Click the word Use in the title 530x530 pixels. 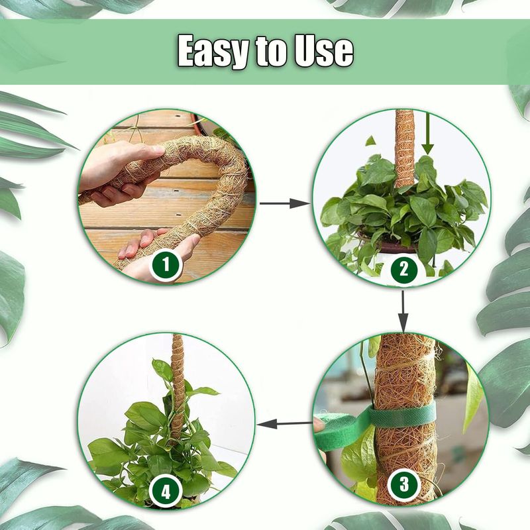click(323, 52)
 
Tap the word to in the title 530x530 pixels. click(272, 52)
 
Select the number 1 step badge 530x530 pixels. click(166, 264)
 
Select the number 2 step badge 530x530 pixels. click(404, 269)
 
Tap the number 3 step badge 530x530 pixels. click(404, 484)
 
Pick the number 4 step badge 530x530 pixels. click(166, 491)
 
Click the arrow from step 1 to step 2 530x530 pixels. click(285, 203)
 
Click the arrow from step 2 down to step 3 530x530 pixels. click(403, 311)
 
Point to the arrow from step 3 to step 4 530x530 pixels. click(285, 423)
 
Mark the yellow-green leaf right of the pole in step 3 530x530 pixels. click(473, 396)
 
